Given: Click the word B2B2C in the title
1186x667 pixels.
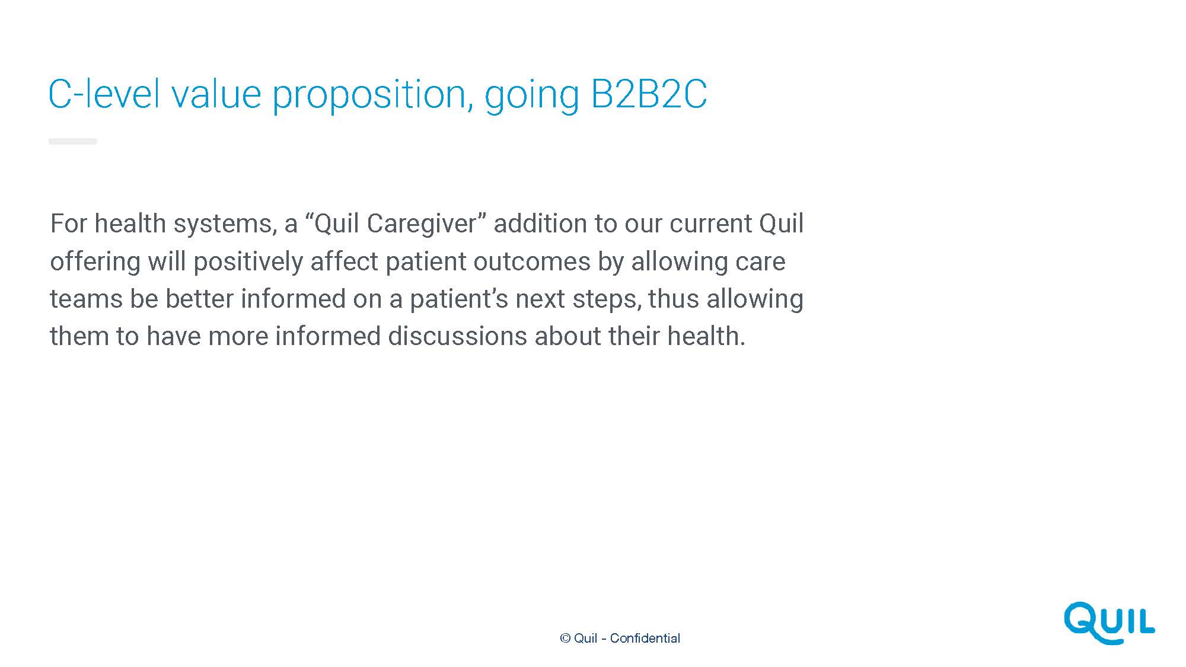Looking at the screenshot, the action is (x=649, y=94).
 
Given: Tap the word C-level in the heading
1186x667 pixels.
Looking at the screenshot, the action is (x=104, y=94).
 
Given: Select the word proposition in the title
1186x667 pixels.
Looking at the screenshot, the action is (x=372, y=96).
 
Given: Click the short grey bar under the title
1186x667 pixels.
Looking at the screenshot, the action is (x=72, y=141).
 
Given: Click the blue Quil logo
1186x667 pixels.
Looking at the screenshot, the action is (x=1110, y=623).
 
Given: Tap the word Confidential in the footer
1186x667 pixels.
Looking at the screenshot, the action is (x=645, y=638).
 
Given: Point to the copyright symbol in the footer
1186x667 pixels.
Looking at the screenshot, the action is (x=565, y=638).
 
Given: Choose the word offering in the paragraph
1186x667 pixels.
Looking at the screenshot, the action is (x=95, y=262).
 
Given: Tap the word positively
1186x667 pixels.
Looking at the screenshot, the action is (x=248, y=262).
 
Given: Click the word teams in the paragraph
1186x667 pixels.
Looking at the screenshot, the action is (x=86, y=299).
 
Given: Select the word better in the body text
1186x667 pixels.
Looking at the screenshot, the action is (x=199, y=299).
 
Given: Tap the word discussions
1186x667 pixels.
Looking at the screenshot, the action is (x=457, y=336).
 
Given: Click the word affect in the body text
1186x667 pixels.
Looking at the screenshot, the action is (x=344, y=261).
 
